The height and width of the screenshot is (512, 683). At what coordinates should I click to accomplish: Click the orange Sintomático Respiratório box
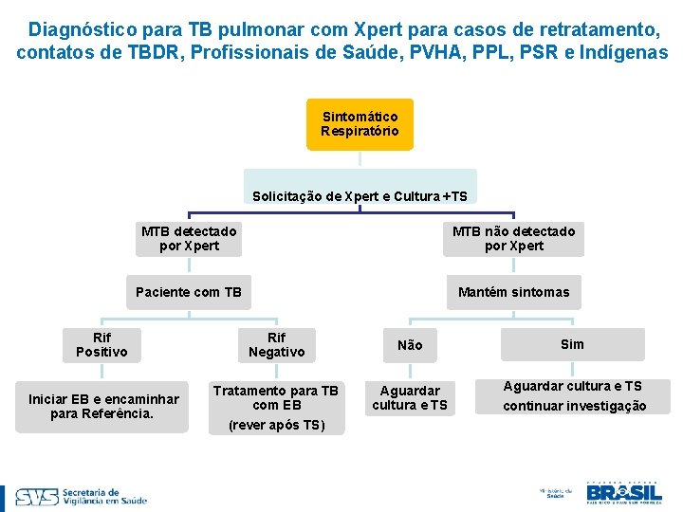360,124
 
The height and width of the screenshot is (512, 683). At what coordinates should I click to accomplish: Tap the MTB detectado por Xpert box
189,239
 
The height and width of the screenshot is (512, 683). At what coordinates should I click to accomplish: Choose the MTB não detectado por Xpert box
513,239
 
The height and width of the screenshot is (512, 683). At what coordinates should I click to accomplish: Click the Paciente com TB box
189,292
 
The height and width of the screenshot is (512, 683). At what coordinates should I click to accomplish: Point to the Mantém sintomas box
513,292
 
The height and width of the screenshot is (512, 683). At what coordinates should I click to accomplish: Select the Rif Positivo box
102,345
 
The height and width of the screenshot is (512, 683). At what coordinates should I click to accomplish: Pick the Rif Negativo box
276,345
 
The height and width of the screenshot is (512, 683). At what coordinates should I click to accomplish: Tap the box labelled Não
410,345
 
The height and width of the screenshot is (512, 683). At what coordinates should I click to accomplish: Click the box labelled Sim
572,344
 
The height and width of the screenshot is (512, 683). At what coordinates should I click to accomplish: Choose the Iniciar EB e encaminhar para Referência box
102,406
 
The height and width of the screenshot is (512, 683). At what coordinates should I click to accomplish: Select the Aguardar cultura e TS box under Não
410,398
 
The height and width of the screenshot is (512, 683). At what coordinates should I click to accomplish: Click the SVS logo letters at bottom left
36,497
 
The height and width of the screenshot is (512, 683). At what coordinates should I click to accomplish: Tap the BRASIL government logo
623,492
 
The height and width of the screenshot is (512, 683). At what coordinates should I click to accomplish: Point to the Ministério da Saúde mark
551,493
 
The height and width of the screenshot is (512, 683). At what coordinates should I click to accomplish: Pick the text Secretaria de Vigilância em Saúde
104,497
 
